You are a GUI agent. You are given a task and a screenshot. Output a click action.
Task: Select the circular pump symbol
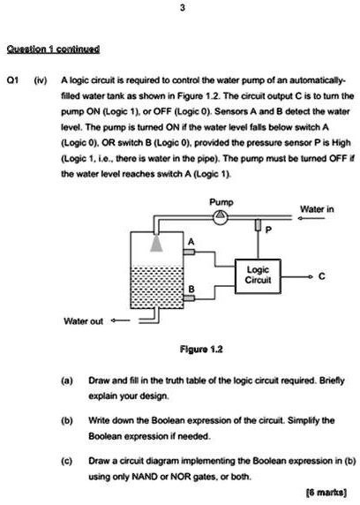pyautogui.click(x=224, y=218)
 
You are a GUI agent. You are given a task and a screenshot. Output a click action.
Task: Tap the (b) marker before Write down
pyautogui.click(x=65, y=423)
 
